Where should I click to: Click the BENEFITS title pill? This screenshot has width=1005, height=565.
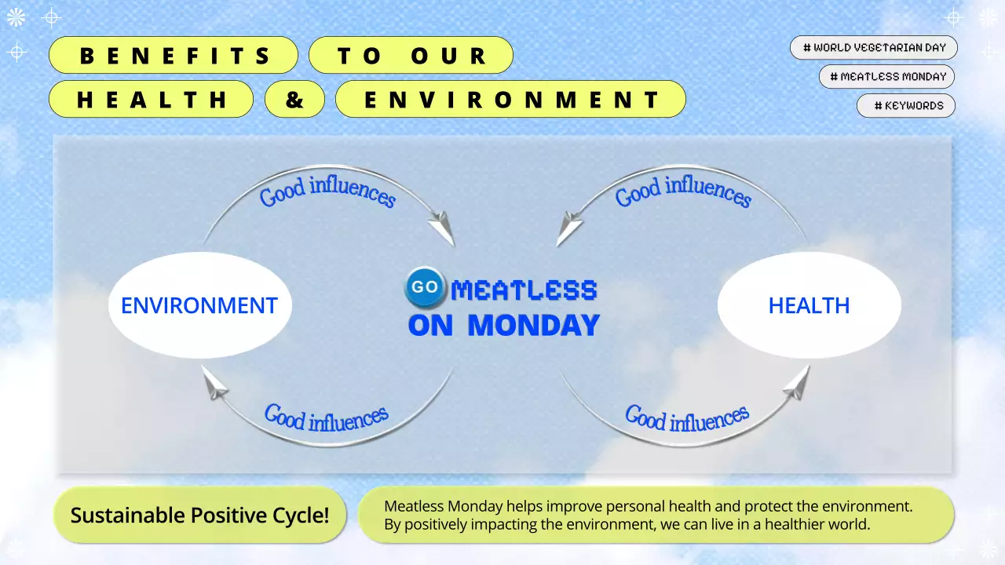pyautogui.click(x=174, y=56)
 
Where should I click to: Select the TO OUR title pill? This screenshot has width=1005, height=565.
pyautogui.click(x=411, y=56)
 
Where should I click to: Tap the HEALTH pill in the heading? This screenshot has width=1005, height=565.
pyautogui.click(x=152, y=100)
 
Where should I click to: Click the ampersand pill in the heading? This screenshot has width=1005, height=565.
pyautogui.click(x=294, y=100)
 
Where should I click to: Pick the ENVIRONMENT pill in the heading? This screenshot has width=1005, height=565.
pyautogui.click(x=510, y=100)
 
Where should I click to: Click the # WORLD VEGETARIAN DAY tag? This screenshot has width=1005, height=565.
pyautogui.click(x=874, y=47)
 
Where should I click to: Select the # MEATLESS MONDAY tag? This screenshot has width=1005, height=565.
pyautogui.click(x=887, y=76)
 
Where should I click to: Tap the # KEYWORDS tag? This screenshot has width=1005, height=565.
pyautogui.click(x=906, y=105)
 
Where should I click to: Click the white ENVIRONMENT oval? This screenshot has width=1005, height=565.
pyautogui.click(x=199, y=305)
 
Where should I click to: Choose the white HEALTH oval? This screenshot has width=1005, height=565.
pyautogui.click(x=809, y=305)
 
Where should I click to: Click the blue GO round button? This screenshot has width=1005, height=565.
pyautogui.click(x=426, y=287)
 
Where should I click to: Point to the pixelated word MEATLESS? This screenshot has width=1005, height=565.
pyautogui.click(x=524, y=290)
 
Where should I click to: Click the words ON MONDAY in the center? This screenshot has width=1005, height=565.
pyautogui.click(x=503, y=325)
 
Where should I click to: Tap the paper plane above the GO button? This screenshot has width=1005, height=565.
pyautogui.click(x=442, y=228)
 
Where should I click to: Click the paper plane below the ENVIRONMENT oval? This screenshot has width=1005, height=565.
pyautogui.click(x=215, y=384)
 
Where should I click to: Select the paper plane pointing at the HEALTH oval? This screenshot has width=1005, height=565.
pyautogui.click(x=796, y=381)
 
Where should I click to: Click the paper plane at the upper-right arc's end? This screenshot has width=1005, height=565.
pyautogui.click(x=569, y=230)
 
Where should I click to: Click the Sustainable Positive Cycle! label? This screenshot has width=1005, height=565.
pyautogui.click(x=199, y=515)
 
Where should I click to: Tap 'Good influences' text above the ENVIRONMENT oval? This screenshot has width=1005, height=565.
pyautogui.click(x=327, y=191)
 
